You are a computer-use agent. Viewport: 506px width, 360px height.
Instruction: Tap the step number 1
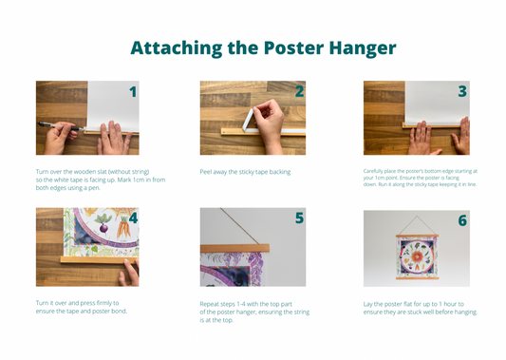(133, 92)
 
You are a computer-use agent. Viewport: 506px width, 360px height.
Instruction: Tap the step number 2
(299, 92)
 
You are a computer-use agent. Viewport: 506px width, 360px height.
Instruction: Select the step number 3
(462, 92)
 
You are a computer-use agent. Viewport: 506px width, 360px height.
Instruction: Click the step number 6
(462, 220)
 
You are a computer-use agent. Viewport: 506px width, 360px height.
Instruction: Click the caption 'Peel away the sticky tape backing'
(245, 172)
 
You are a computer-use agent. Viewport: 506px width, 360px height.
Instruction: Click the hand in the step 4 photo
(127, 272)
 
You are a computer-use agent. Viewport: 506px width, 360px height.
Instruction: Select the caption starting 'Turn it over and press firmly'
(81, 307)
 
